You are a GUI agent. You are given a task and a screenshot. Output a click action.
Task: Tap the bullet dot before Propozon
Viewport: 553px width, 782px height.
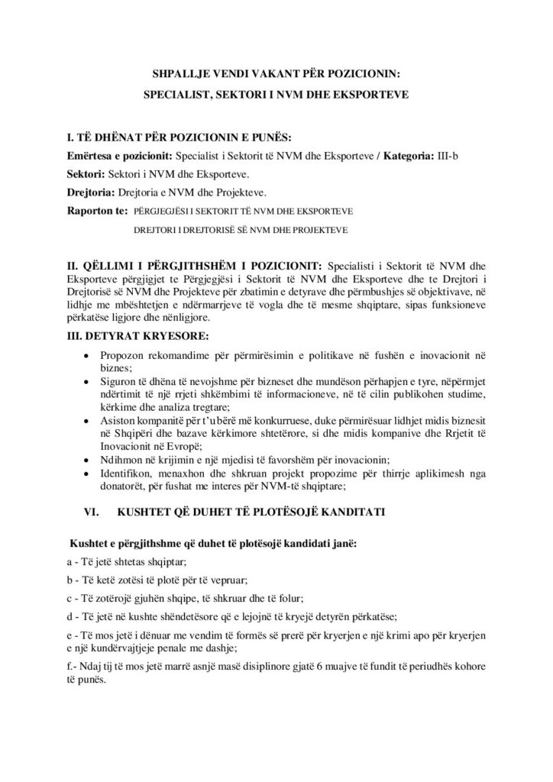point(93,356)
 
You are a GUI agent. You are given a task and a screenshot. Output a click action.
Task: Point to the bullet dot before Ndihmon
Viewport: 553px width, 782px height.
point(93,458)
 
